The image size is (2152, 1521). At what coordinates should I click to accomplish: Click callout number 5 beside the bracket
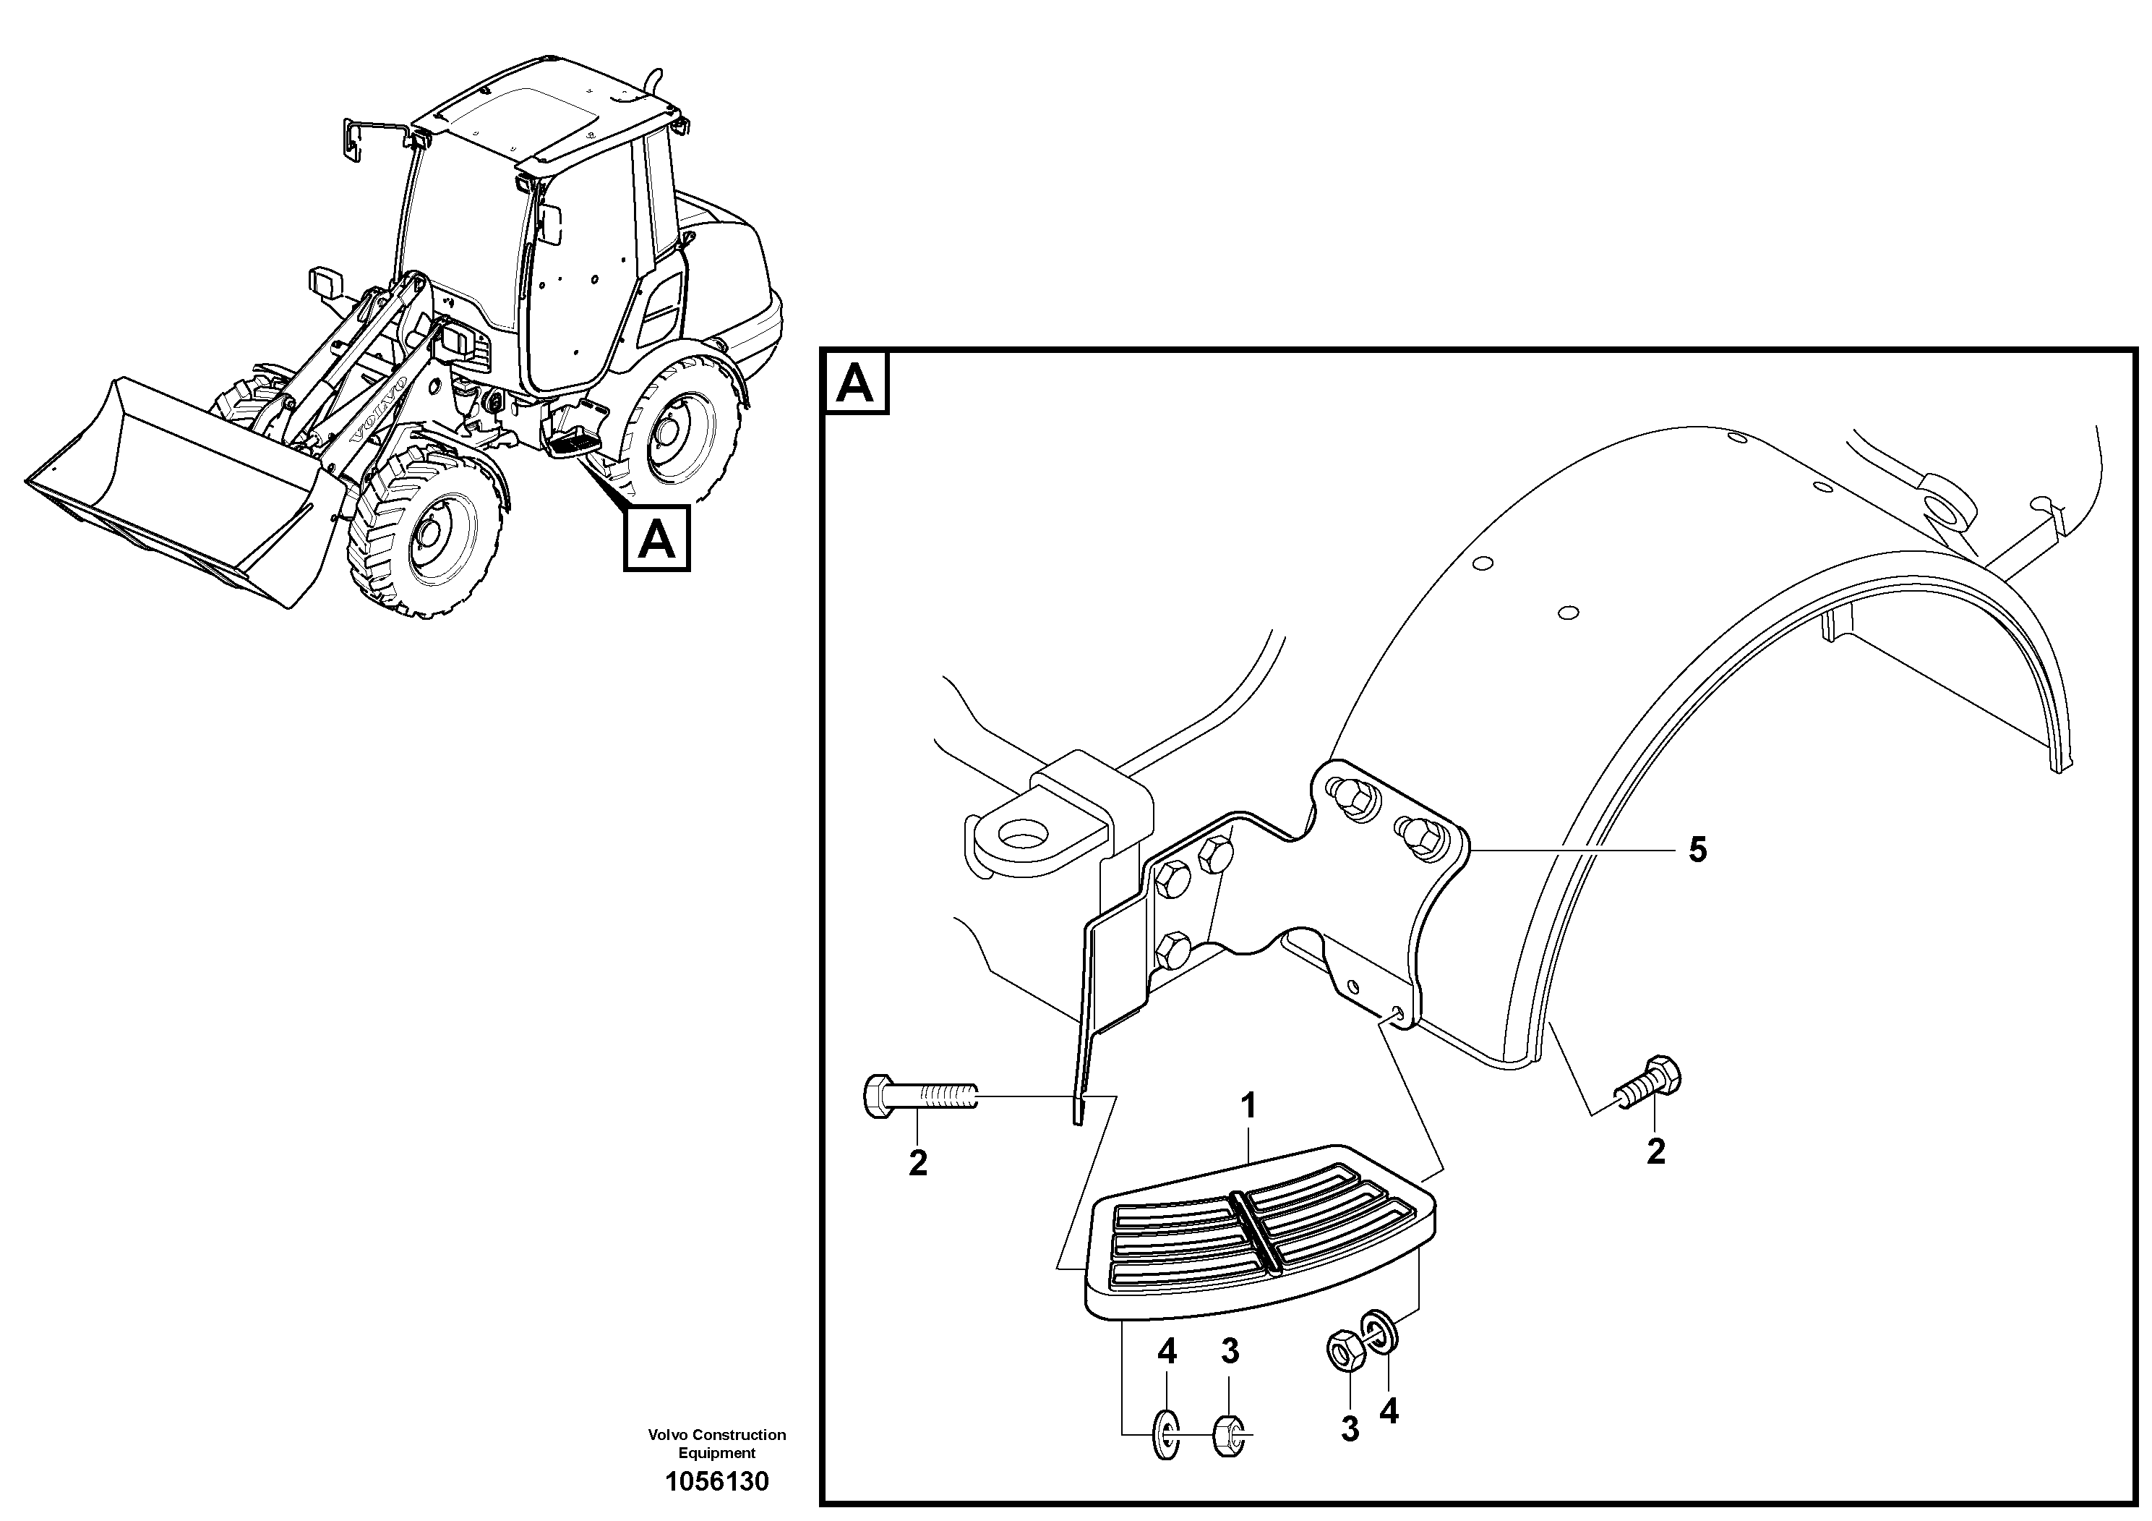click(x=1697, y=851)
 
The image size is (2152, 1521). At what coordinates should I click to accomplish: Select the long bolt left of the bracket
click(x=919, y=1095)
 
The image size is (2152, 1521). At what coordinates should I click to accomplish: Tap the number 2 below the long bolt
click(x=917, y=1163)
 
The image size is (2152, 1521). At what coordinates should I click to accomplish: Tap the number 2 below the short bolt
click(x=1655, y=1151)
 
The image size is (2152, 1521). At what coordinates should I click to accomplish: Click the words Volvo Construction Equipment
click(x=716, y=1443)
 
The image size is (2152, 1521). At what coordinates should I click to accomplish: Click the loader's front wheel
click(x=426, y=534)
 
